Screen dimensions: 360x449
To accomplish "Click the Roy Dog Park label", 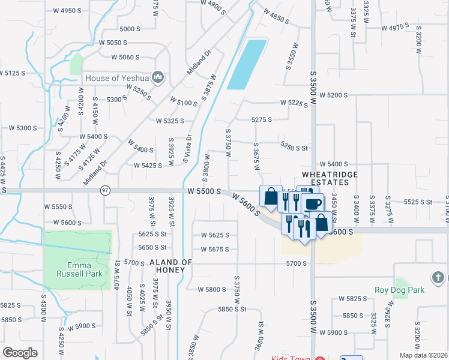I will point(400,290).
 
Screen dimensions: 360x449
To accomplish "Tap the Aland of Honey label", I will point(170,266).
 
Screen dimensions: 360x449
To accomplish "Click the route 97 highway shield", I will point(106,190).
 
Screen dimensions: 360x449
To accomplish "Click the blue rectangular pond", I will point(246,65).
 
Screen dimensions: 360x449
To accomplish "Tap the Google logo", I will point(20,353).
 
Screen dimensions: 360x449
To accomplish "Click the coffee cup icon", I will point(313,204).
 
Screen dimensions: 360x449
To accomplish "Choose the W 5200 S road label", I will point(334,95).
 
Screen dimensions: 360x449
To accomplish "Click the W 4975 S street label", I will point(395,27).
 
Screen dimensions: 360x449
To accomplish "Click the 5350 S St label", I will point(294,145).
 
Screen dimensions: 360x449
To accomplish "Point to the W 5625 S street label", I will point(214,235).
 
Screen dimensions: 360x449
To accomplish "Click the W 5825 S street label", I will point(352,298).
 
